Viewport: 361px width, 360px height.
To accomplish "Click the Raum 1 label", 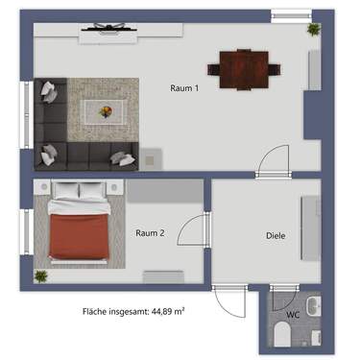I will pyautogui.click(x=183, y=89).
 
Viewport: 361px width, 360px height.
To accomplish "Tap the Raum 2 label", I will pyautogui.click(x=150, y=232).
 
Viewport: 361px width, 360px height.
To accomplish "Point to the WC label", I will pyautogui.click(x=293, y=314).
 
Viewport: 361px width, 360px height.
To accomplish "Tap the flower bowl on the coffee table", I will pyautogui.click(x=107, y=111).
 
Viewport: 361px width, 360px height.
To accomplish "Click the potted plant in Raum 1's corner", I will pyautogui.click(x=313, y=30).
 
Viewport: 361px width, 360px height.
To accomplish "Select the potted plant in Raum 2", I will pyautogui.click(x=41, y=276).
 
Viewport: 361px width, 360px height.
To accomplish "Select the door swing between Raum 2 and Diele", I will pyautogui.click(x=195, y=230).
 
